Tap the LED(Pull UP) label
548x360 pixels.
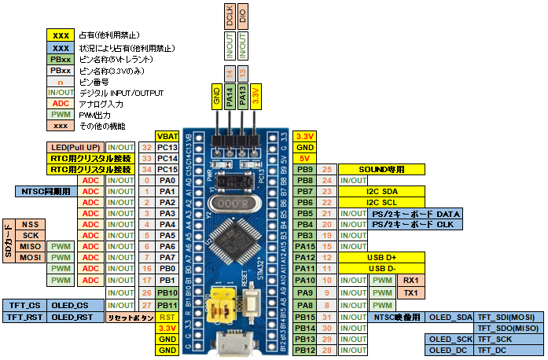pos(75,147)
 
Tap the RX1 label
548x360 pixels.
pos(410,279)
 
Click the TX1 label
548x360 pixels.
pos(410,290)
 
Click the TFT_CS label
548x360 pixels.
pos(24,305)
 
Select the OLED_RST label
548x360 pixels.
pos(74,316)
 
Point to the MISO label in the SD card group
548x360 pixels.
pos(31,246)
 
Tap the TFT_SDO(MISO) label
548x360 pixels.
pos(500,327)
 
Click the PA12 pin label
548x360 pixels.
pos(304,257)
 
